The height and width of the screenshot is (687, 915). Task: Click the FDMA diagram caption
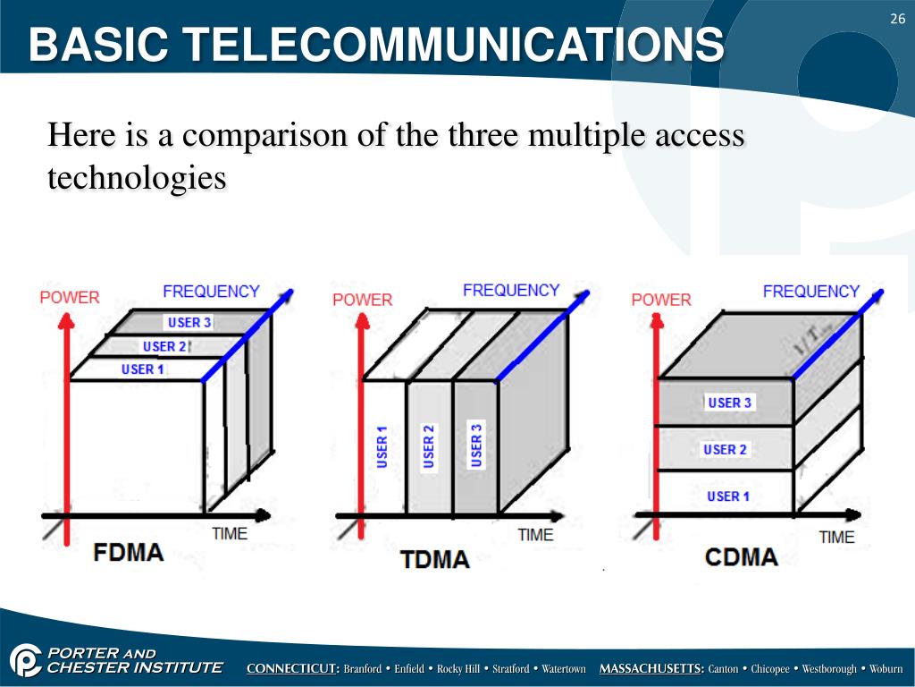[129, 552]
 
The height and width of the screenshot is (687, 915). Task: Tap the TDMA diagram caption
[435, 560]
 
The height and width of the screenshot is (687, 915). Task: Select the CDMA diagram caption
[741, 557]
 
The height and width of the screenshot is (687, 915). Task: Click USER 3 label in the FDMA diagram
[189, 323]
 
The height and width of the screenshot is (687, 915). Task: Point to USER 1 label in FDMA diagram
[143, 369]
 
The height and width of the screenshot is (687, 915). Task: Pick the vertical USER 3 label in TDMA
[476, 445]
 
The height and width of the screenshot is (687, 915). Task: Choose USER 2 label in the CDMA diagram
[725, 449]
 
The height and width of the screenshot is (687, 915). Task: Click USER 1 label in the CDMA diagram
[728, 496]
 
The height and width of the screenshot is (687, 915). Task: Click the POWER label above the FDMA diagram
[70, 297]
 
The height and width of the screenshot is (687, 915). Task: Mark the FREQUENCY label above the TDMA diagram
[511, 291]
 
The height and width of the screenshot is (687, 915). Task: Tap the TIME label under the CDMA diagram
[836, 537]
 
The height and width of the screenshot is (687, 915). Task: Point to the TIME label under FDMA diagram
[230, 533]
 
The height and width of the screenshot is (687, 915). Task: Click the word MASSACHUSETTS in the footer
[651, 669]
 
